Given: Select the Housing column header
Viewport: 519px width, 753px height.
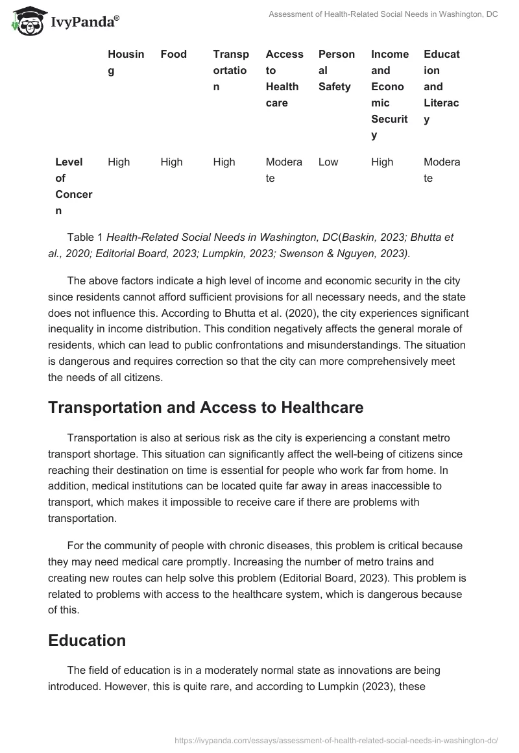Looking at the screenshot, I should (126, 62).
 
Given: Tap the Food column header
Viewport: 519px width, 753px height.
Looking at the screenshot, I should (173, 55).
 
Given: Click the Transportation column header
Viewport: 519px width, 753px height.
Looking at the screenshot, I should (230, 71).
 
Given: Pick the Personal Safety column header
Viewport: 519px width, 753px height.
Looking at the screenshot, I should (336, 71).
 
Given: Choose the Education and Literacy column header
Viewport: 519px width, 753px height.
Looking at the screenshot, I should (441, 87).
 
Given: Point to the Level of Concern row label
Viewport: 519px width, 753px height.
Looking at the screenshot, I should (73, 186).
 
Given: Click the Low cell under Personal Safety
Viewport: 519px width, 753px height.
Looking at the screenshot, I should (328, 162).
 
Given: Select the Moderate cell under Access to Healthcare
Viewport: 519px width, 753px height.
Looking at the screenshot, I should (284, 170).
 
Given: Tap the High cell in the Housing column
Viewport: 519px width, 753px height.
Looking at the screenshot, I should (119, 162).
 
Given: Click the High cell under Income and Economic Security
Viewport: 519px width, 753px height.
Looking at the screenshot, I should (382, 162).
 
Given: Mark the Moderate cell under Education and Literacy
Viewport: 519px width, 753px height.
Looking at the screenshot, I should (441, 170).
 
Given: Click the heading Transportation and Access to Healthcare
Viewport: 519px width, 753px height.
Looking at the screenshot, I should (206, 408).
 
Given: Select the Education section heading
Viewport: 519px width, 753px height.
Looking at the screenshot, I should (87, 640).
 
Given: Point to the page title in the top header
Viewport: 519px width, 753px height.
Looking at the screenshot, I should (383, 14).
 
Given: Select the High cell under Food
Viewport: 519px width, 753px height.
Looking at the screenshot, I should (171, 162).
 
